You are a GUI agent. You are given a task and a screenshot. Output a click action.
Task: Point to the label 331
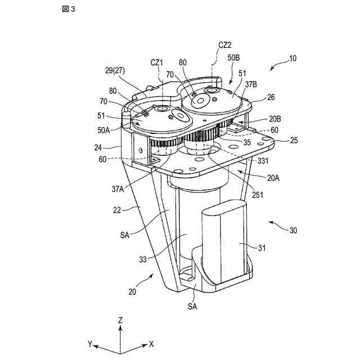click(263, 161)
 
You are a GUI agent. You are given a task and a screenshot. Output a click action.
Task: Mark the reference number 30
click(292, 230)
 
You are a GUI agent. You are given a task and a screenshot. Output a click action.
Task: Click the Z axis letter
click(121, 319)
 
